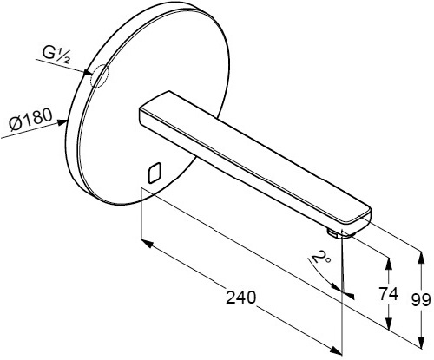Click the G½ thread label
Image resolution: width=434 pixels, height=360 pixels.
(56, 55)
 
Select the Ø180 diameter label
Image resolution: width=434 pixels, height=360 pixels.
(30, 119)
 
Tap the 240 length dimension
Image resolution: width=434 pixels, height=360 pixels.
(241, 297)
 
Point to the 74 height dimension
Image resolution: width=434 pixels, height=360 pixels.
(389, 294)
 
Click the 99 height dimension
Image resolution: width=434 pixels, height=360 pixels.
(421, 300)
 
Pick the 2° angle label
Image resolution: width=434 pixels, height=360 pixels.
(319, 257)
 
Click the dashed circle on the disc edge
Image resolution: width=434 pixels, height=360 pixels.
(99, 75)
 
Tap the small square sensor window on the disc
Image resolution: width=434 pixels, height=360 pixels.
(155, 173)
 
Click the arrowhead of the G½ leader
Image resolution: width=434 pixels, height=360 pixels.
(88, 73)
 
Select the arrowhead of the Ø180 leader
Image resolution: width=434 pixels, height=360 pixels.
(62, 122)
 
